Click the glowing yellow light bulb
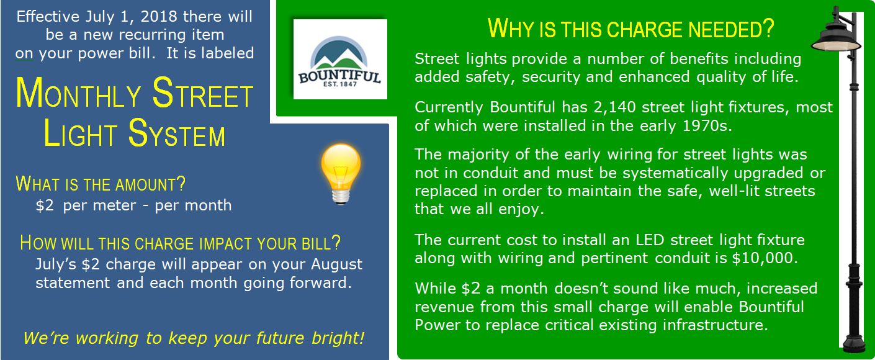[x=341, y=174]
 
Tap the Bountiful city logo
[x=340, y=59]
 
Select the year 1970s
[x=707, y=126]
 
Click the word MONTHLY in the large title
[x=78, y=94]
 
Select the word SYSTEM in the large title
[x=177, y=133]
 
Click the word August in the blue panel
[x=337, y=264]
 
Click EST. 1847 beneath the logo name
[x=340, y=84]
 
